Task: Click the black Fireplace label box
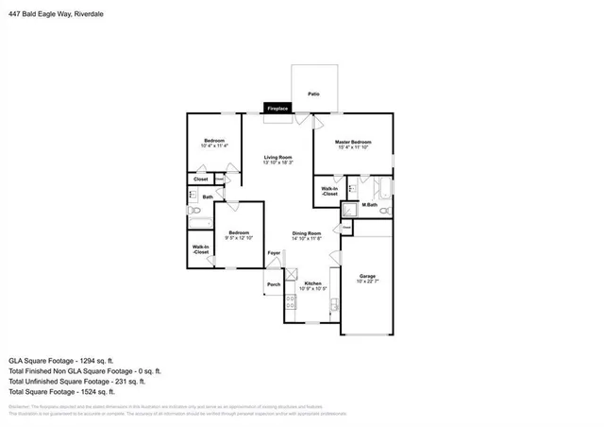point(277,110)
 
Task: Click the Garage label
point(367,276)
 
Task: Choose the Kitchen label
point(313,283)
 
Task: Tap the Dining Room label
point(307,233)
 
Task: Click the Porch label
point(274,284)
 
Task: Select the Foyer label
point(274,253)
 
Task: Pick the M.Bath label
point(370,205)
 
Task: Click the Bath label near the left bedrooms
point(208,196)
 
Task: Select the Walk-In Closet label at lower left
point(201,250)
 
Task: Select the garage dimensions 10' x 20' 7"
point(367,282)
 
